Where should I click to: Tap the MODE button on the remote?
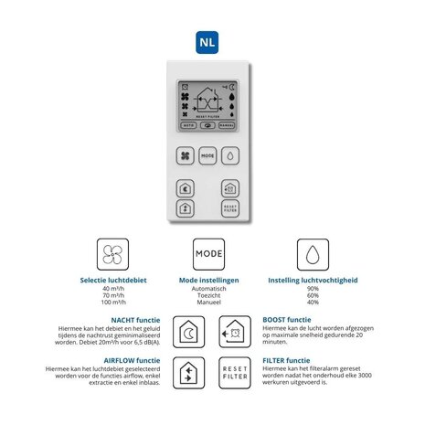pyautogui.click(x=207, y=156)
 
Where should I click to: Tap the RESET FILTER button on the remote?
pyautogui.click(x=230, y=208)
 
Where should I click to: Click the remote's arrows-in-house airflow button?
pyautogui.click(x=186, y=208)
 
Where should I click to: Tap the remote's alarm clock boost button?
pyautogui.click(x=230, y=188)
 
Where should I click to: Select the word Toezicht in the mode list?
pyautogui.click(x=209, y=297)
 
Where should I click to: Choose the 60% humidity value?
pyautogui.click(x=312, y=297)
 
